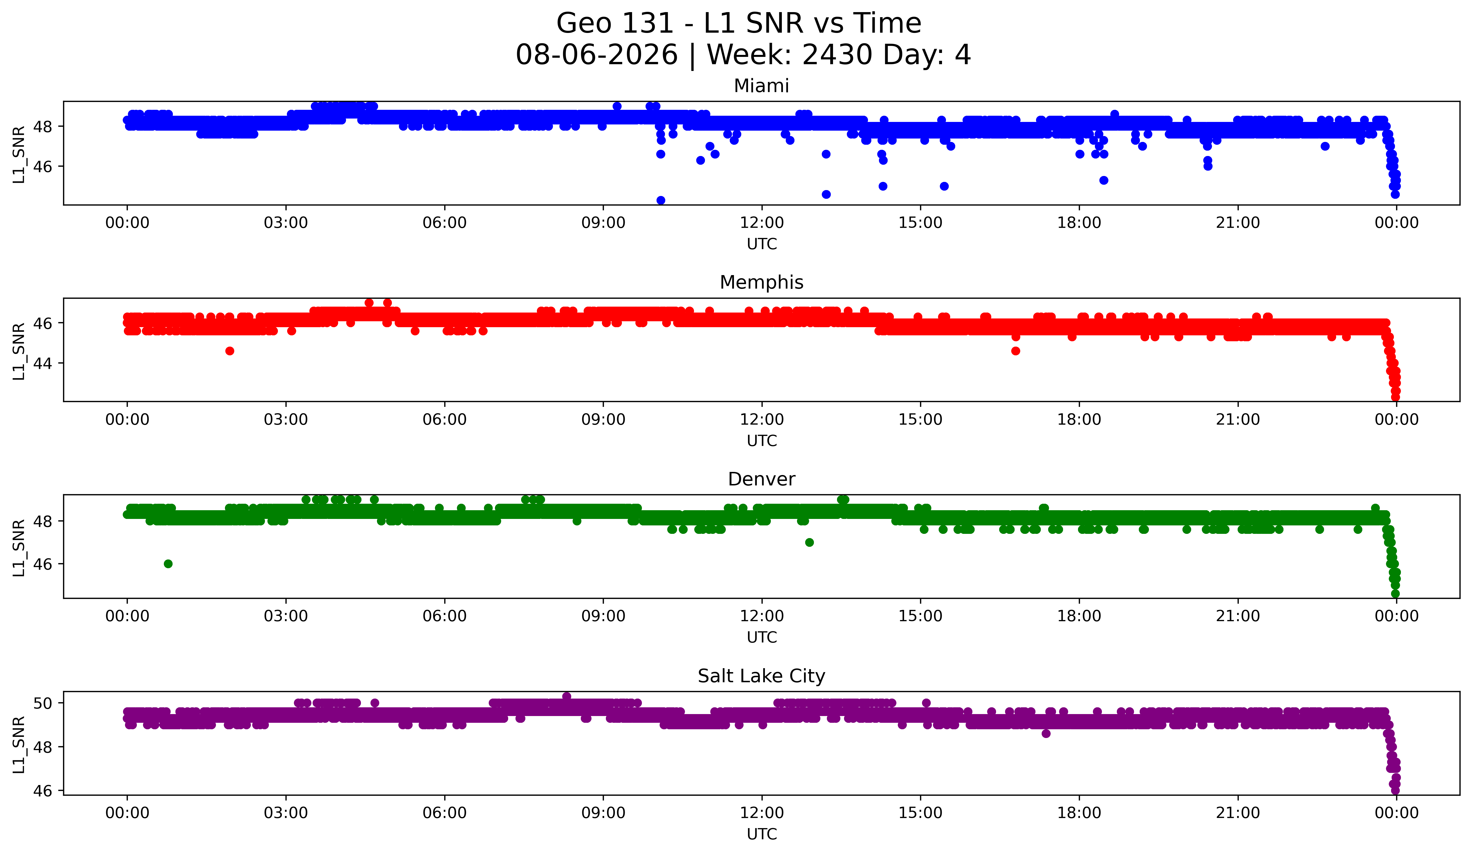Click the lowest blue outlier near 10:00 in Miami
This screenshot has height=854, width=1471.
tap(661, 200)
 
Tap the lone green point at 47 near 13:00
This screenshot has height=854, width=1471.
tap(809, 542)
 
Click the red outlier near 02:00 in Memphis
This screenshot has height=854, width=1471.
tap(230, 351)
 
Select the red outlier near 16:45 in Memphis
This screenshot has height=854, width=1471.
tap(1016, 351)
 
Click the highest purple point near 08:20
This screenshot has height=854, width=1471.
tap(566, 696)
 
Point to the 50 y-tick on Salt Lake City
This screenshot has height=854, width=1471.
tap(43, 703)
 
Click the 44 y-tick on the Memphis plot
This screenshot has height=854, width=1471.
tap(43, 363)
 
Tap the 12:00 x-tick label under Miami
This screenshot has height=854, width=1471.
tap(762, 223)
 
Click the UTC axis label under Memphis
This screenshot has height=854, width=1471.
tap(762, 441)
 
